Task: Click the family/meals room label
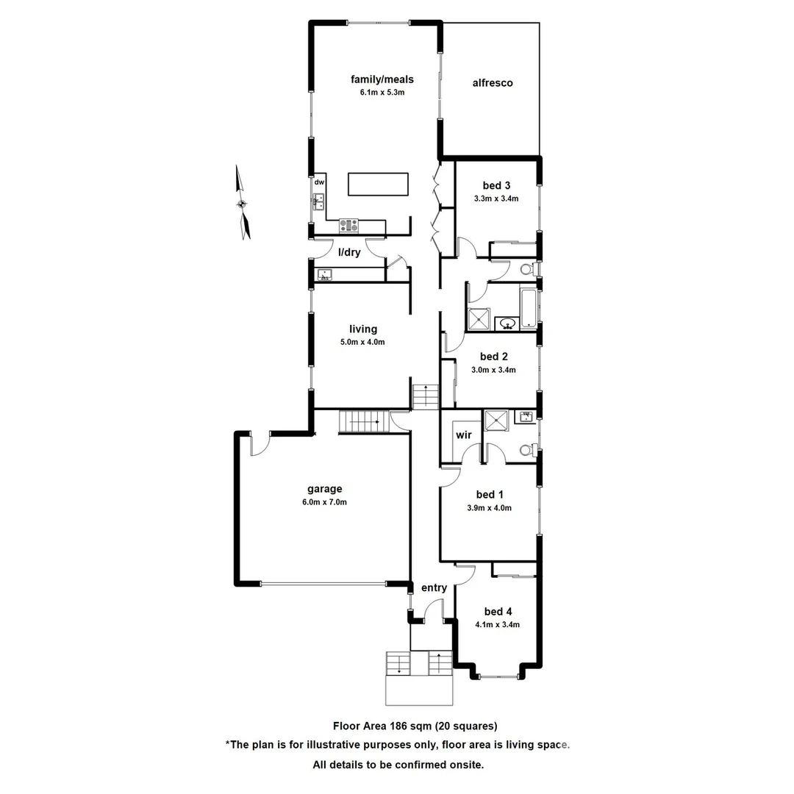pyautogui.click(x=382, y=79)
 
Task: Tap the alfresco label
pyautogui.click(x=492, y=83)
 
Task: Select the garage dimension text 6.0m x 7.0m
pyautogui.click(x=324, y=502)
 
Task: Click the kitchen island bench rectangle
pyautogui.click(x=378, y=184)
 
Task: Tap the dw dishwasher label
pyautogui.click(x=319, y=182)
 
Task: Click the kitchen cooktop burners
pyautogui.click(x=348, y=224)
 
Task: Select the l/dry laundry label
pyautogui.click(x=348, y=252)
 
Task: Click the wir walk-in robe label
pyautogui.click(x=463, y=434)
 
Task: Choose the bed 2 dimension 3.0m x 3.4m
pyautogui.click(x=493, y=370)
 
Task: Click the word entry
pyautogui.click(x=434, y=587)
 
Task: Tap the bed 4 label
pyautogui.click(x=498, y=612)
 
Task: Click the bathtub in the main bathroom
pyautogui.click(x=529, y=307)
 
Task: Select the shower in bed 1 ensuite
pyautogui.click(x=496, y=421)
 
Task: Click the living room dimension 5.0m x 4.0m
pyautogui.click(x=363, y=342)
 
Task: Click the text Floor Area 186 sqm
pyautogui.click(x=382, y=726)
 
